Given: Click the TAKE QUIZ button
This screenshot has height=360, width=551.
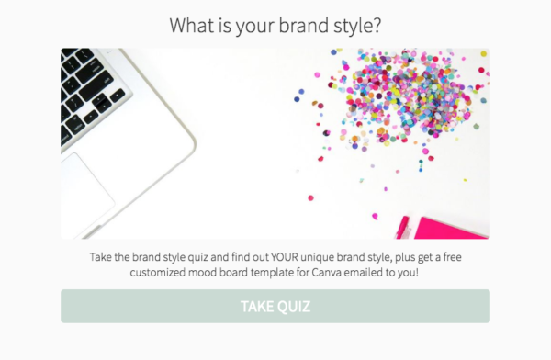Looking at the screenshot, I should click(x=275, y=306).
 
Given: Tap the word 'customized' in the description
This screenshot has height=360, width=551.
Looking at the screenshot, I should click(x=163, y=273).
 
